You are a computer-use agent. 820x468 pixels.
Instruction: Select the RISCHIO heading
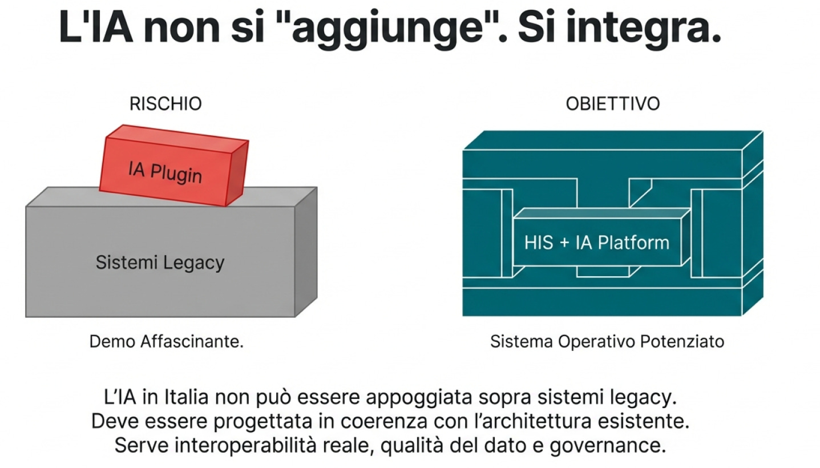point(165,104)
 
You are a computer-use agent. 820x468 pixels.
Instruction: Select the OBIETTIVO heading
point(612,104)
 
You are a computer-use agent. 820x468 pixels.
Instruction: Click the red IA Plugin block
point(174,166)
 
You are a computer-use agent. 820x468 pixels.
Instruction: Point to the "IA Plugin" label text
point(165,171)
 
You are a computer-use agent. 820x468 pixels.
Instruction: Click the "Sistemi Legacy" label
point(160,263)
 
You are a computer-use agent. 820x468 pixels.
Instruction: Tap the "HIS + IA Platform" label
point(596,243)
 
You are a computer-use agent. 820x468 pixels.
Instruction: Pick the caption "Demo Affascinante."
point(167,342)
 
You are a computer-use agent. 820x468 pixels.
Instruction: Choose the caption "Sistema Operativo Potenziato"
point(607,342)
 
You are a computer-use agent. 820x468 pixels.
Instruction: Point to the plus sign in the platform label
point(565,243)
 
